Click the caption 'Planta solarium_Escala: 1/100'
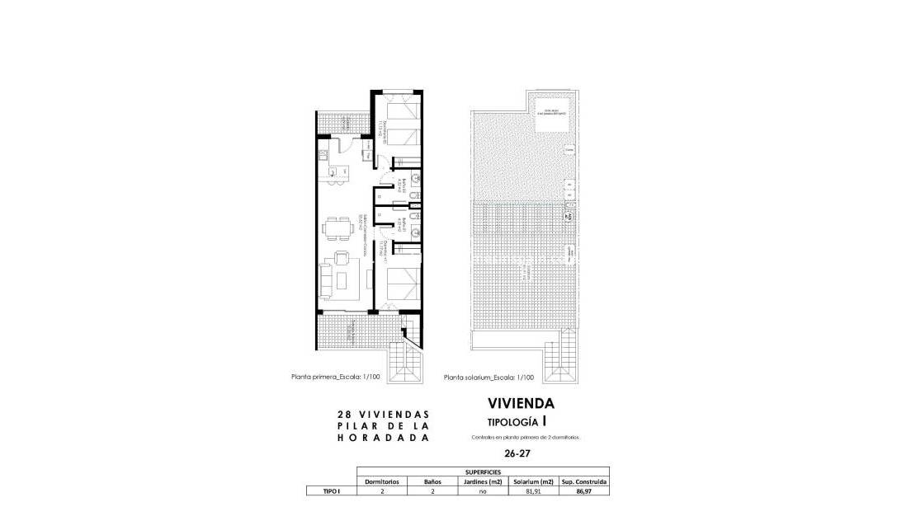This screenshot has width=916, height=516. (x=489, y=378)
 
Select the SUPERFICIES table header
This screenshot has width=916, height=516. (x=483, y=471)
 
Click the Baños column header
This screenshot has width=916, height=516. (x=433, y=481)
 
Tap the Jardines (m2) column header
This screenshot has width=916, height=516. (x=484, y=481)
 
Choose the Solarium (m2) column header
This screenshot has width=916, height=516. (x=534, y=481)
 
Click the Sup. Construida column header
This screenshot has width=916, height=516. (x=585, y=481)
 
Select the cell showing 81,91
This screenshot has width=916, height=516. (x=534, y=490)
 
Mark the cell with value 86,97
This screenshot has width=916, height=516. (x=585, y=490)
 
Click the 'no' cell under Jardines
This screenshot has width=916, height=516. (x=484, y=490)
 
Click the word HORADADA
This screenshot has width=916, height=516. (x=384, y=439)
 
